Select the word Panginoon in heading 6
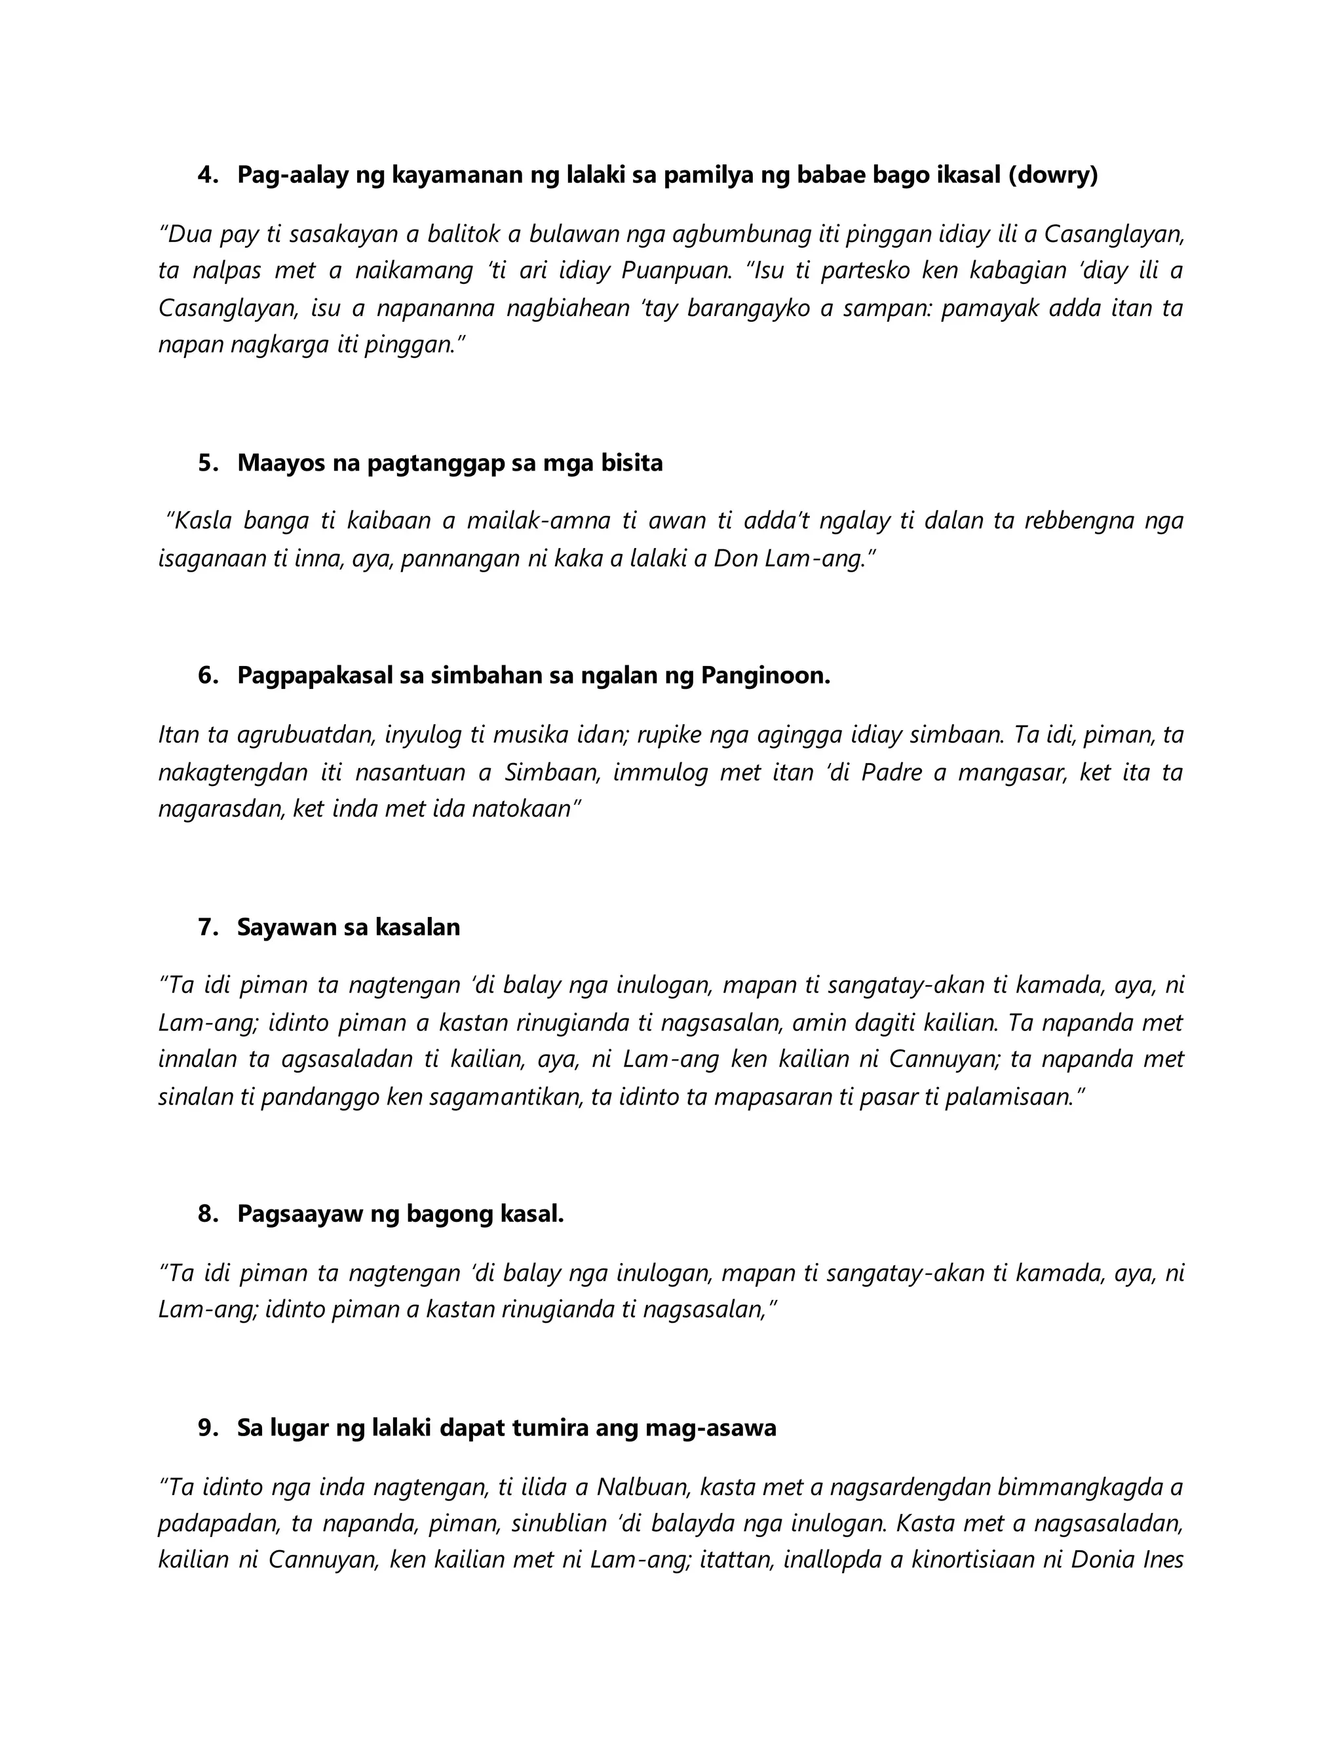765,676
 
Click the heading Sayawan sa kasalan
348,927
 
